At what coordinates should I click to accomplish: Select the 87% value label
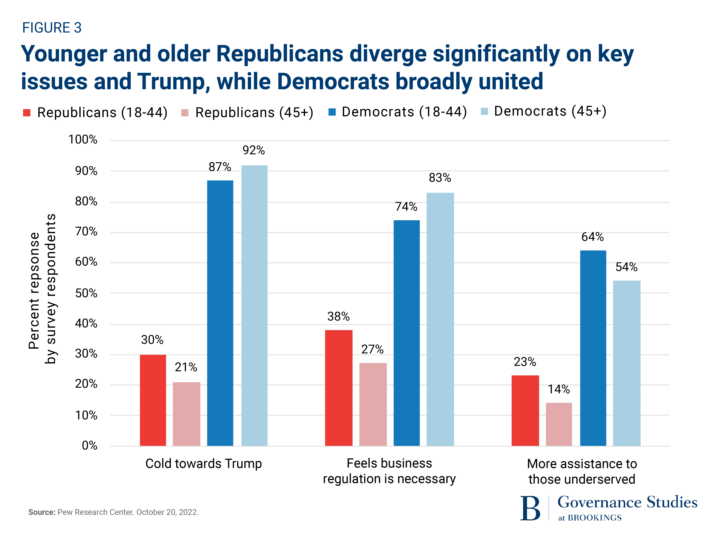[220, 167]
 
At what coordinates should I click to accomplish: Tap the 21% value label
[186, 367]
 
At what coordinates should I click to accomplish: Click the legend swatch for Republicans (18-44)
[27, 113]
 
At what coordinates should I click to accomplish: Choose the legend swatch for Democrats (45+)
[484, 111]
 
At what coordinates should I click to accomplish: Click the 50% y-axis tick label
[86, 293]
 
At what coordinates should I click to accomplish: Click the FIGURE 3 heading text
[52, 28]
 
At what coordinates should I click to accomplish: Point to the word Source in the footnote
[42, 512]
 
